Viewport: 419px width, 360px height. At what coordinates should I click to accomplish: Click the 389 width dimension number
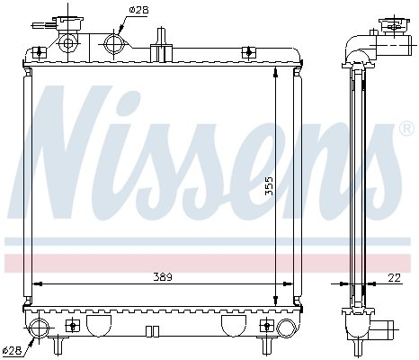pyautogui.click(x=163, y=277)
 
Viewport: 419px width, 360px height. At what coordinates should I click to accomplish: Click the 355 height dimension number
pyautogui.click(x=270, y=186)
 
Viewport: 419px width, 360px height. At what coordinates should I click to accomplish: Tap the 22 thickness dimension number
pyautogui.click(x=394, y=278)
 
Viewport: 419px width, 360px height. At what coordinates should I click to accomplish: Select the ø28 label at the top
pyautogui.click(x=138, y=10)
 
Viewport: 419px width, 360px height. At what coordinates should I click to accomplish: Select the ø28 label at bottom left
pyautogui.click(x=12, y=350)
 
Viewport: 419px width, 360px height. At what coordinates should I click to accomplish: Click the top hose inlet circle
pyautogui.click(x=114, y=44)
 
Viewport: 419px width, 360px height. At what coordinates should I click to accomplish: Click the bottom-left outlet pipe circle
pyautogui.click(x=40, y=328)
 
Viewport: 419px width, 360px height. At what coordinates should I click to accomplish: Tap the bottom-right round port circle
pyautogui.click(x=286, y=328)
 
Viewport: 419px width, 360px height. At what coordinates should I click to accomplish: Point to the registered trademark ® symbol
pyautogui.click(x=406, y=129)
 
